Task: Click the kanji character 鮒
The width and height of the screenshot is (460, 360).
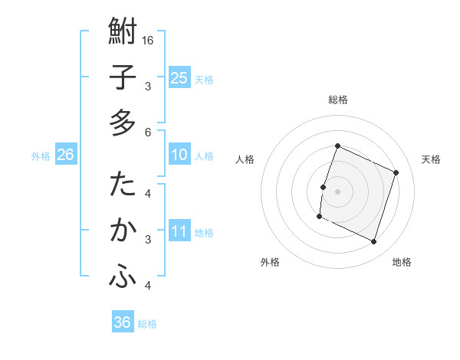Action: coord(123,33)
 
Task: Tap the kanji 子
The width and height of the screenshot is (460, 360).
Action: coord(123,78)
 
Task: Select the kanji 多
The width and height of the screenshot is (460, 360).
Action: coord(123,123)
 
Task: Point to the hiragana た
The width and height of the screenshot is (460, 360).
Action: coord(123,185)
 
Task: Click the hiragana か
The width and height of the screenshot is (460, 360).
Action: coord(123,231)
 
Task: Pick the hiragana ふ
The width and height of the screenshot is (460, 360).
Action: coord(123,278)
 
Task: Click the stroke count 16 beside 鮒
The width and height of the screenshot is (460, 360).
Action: coord(149,40)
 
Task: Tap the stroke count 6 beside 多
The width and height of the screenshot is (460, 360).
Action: coord(148,132)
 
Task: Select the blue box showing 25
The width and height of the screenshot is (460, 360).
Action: coord(179,77)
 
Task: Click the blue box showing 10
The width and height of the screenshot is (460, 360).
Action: coord(179,155)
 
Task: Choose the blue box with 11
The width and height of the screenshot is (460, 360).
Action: coord(179,231)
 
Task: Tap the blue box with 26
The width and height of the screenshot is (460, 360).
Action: coord(65,155)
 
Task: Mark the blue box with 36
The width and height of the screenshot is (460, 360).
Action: coord(122,322)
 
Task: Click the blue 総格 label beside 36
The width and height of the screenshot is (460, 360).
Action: coord(147,324)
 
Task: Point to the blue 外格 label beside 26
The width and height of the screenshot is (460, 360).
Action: coord(41,156)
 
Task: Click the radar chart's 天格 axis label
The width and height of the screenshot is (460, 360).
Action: coord(431,159)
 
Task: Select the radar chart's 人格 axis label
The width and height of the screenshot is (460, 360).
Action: coord(245,159)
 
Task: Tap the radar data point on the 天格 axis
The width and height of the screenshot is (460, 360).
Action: coord(396,173)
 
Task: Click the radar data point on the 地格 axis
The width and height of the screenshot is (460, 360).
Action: coord(374,242)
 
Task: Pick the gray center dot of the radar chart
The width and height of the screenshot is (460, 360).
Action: coord(337,191)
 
